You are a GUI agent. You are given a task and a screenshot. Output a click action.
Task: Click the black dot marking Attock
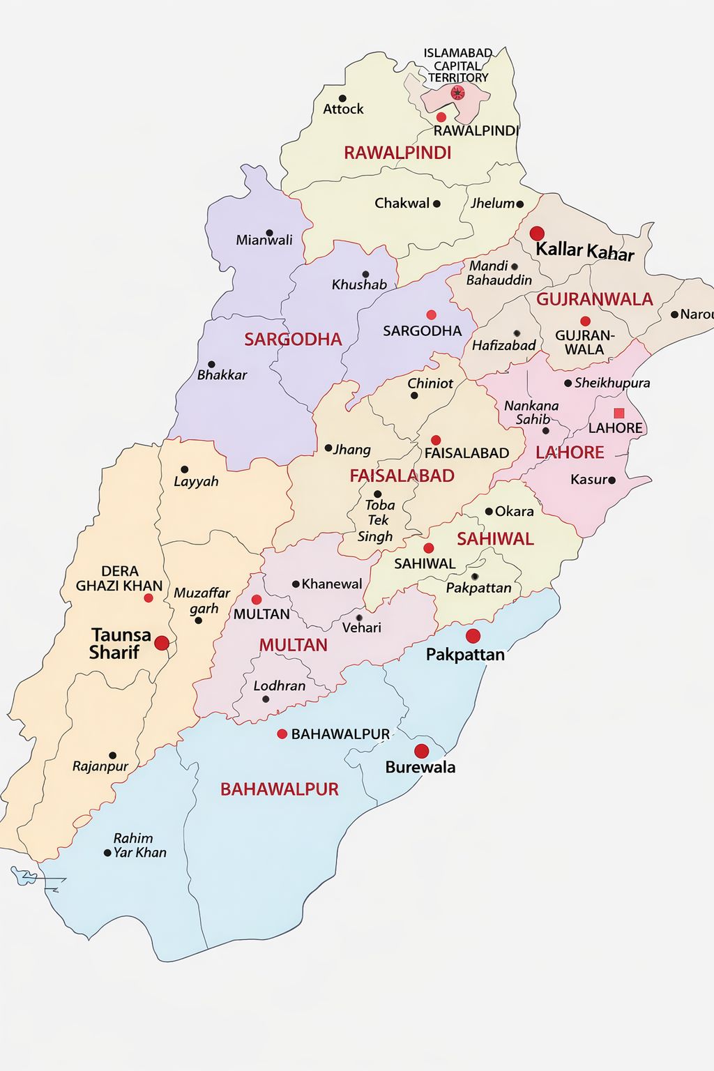point(342,98)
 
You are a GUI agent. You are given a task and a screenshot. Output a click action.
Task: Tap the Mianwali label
point(264,241)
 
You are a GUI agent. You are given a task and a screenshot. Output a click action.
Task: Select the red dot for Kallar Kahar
point(537,233)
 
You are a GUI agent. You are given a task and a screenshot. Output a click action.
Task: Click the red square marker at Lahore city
point(618,413)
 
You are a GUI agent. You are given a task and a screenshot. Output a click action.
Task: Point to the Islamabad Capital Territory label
point(458,66)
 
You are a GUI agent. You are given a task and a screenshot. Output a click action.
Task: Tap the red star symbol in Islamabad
point(457,93)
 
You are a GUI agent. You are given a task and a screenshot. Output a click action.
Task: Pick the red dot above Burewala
point(421,751)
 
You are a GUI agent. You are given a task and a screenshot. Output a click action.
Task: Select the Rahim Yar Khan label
point(139,845)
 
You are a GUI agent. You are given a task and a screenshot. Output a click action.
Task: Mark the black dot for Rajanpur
point(112,755)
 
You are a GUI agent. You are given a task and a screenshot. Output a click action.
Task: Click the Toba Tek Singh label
point(378,521)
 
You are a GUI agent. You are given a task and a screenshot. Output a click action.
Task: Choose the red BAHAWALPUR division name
point(279,789)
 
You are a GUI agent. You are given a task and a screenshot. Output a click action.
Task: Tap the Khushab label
point(359,284)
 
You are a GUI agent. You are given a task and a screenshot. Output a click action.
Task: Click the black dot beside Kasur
point(612,480)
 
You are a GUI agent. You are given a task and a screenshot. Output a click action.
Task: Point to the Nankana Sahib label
point(531,412)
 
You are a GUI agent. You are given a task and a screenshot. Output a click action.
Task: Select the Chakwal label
point(402,204)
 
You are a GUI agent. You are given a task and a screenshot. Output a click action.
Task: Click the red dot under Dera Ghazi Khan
point(149,598)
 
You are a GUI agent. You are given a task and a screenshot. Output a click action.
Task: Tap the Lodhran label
point(279,686)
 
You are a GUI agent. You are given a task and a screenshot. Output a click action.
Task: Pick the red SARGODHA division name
point(293,340)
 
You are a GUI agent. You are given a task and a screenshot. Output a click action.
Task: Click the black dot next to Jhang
point(328,448)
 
